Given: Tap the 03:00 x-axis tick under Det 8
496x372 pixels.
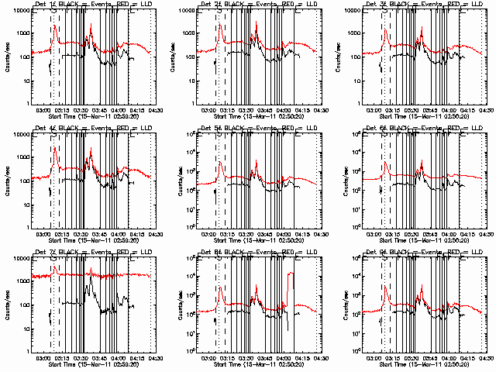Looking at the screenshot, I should (x=209, y=357).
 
